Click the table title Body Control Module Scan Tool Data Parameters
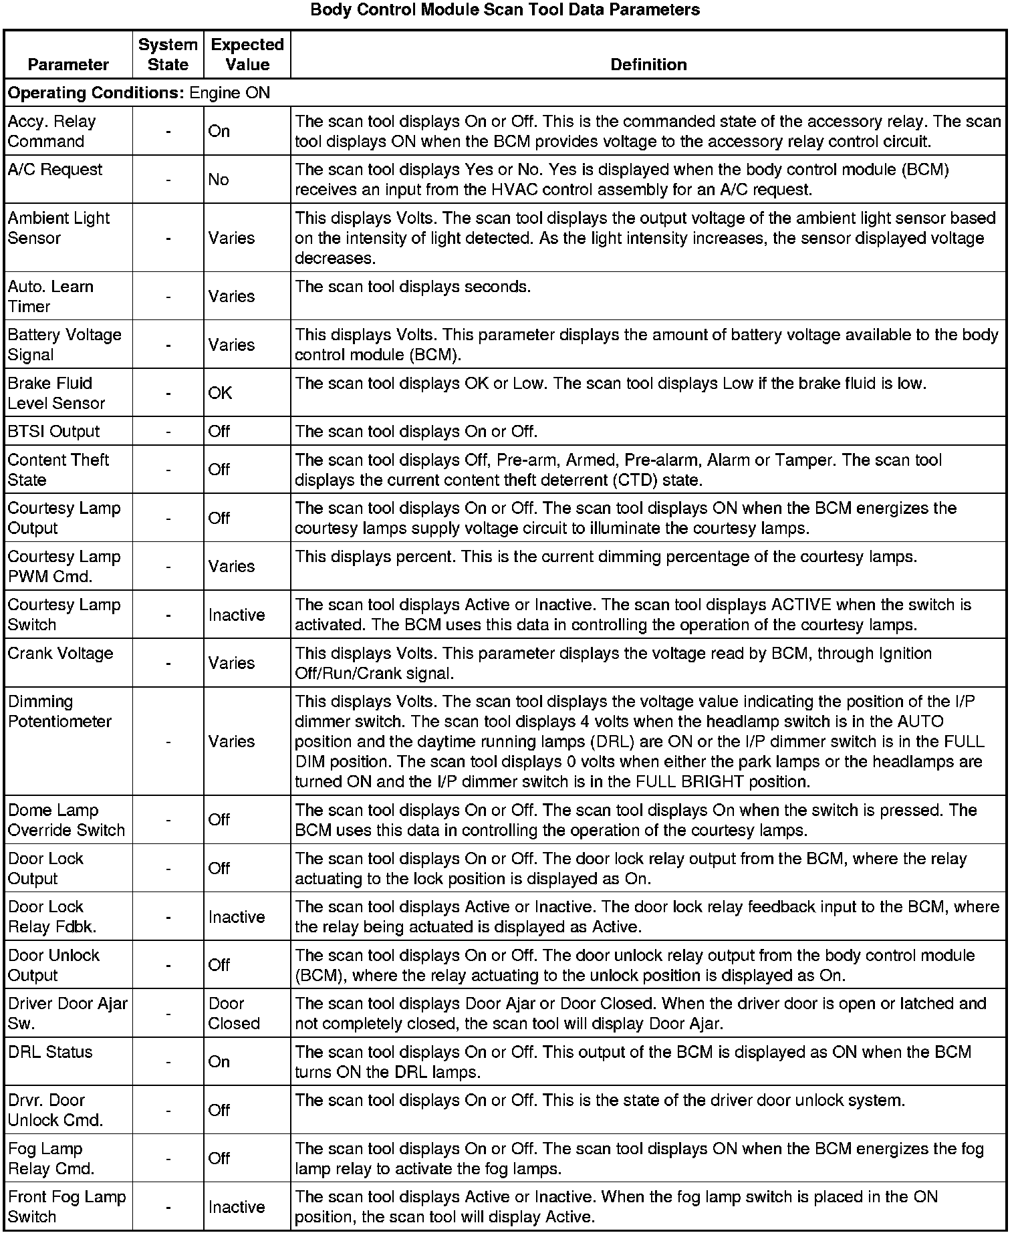coord(505,10)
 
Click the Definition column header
coord(648,64)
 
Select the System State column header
coord(168,55)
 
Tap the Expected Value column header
coord(247,55)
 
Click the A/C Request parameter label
coord(55,170)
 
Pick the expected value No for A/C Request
coord(219,180)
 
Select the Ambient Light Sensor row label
coord(58,228)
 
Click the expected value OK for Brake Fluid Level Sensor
coord(220,393)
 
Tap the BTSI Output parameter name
coord(53,432)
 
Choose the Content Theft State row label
coord(57,470)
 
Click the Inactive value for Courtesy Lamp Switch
coord(236,615)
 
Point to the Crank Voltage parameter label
coord(60,654)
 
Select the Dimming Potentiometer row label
coord(59,712)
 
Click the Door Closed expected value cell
coord(233,1014)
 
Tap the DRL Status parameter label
coord(50,1053)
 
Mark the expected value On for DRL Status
coord(219,1062)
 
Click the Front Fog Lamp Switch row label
coord(67,1207)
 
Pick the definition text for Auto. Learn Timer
coord(413,287)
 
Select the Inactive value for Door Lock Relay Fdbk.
coord(236,917)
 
